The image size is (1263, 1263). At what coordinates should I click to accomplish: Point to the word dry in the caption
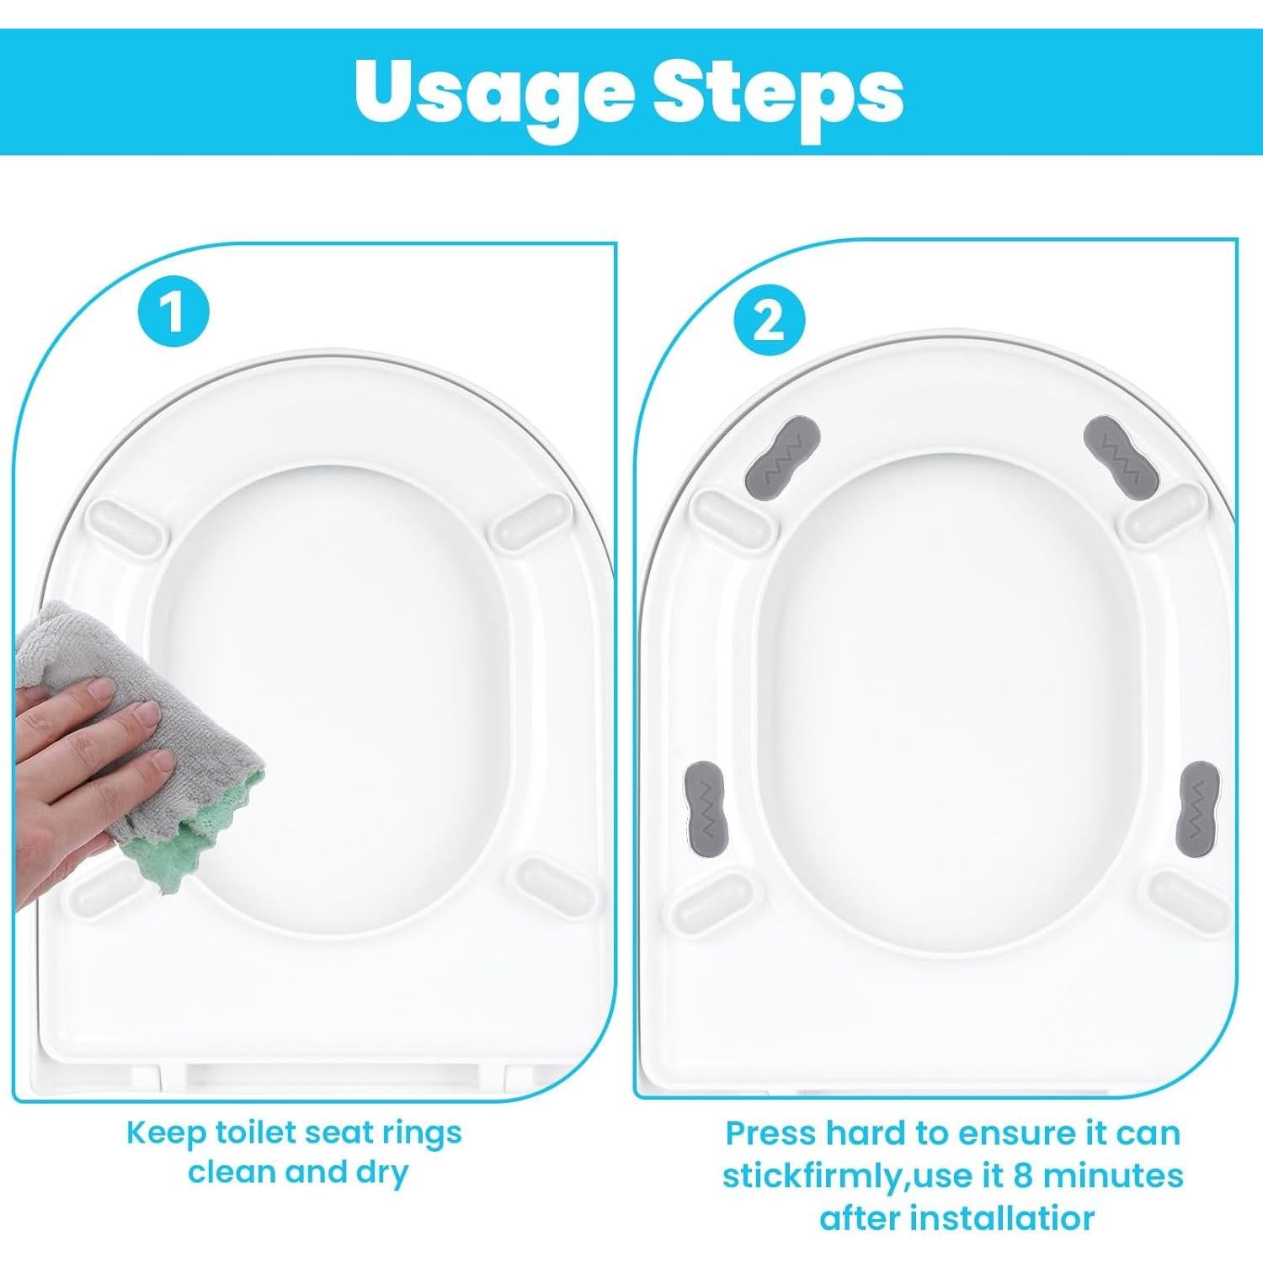[380, 1174]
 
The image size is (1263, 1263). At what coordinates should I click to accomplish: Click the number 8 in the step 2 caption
[1023, 1175]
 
